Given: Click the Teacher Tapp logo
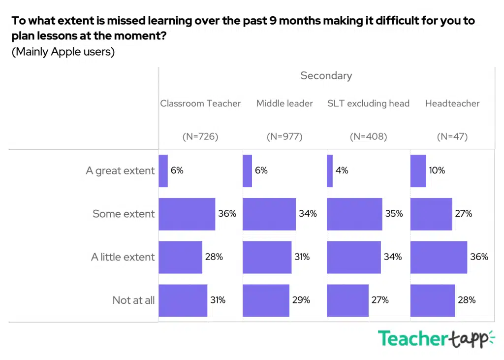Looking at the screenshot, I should point(436,339).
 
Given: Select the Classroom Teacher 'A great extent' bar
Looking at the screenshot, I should point(163,171).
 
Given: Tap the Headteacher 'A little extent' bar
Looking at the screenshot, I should point(439,257).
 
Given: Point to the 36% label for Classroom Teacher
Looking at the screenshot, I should point(227,214).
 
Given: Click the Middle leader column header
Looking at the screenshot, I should point(284,103).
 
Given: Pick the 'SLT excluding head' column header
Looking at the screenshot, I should point(368,103).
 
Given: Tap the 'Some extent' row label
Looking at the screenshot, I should point(124,214).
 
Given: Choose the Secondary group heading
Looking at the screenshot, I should point(326,76).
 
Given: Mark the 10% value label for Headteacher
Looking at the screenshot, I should point(437,171).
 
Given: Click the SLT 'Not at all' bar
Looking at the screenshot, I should point(347,300).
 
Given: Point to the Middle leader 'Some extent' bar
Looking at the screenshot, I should point(269,214).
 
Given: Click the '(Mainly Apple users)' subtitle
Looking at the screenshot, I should point(63,52).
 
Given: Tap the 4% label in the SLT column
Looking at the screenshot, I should point(342,171).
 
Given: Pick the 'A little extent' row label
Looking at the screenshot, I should point(123,257).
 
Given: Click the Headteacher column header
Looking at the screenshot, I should point(452,103).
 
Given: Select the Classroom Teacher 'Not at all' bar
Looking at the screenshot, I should point(183,300).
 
